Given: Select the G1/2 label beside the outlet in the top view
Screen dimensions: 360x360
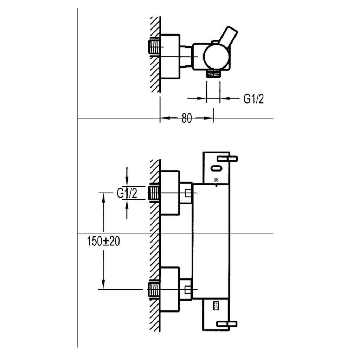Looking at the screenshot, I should point(253,99).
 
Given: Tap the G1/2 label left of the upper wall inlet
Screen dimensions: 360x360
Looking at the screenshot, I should point(127,193).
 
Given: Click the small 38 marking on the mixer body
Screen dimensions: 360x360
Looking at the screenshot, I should point(217,179).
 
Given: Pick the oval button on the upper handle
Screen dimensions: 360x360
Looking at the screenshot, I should point(217,168).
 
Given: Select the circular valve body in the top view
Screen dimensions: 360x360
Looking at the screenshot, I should point(216,56).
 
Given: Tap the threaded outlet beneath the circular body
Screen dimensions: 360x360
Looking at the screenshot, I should point(213,73).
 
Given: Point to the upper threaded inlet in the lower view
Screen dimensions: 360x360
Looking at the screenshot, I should point(154,193).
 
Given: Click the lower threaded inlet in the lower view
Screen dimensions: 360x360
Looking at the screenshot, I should point(154,290).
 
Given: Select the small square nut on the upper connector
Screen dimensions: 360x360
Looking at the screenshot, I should point(188,193).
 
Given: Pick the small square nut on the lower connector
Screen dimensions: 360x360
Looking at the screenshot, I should point(188,290).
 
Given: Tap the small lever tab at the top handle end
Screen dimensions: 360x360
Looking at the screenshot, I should point(228,159).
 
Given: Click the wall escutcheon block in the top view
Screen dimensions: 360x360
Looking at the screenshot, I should point(170,56).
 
